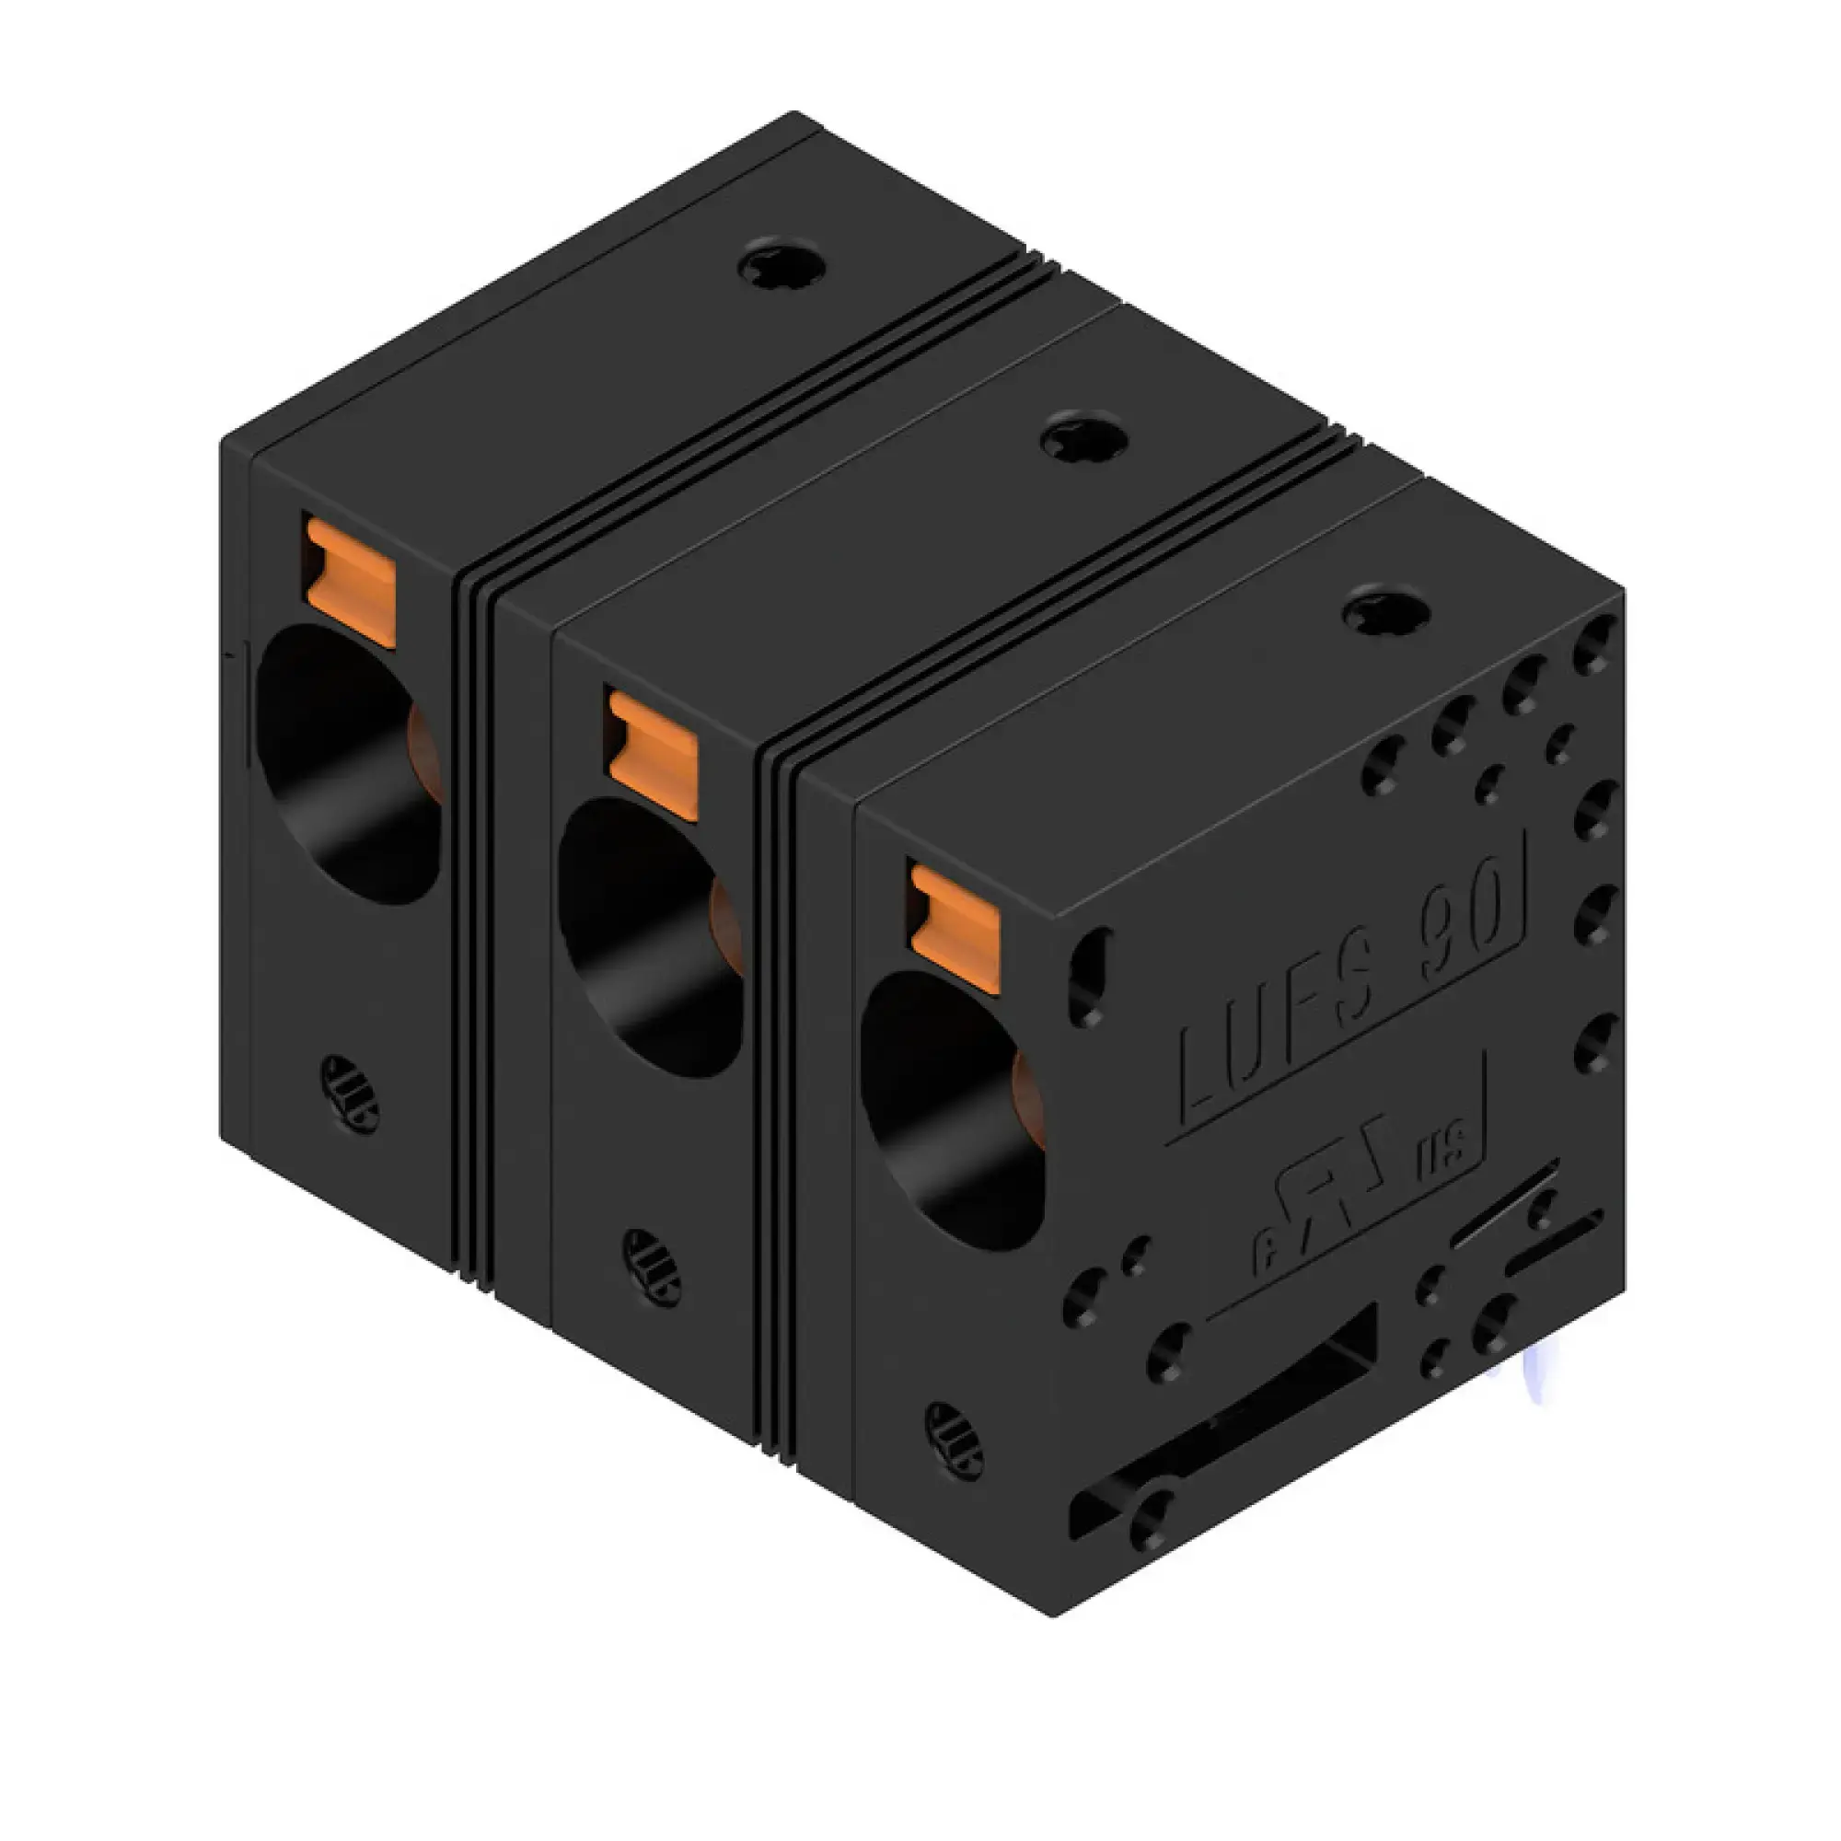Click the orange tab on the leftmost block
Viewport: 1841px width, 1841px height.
click(349, 581)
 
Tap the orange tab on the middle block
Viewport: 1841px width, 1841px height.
click(653, 755)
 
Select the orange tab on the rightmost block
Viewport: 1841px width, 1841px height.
click(955, 929)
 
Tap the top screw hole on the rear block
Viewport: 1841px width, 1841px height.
click(782, 262)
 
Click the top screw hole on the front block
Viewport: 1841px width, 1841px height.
click(1386, 613)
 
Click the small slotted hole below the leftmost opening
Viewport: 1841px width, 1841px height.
click(349, 1094)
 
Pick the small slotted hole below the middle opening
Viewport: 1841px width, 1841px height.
click(652, 1268)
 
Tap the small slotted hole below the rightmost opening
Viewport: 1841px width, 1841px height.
click(954, 1440)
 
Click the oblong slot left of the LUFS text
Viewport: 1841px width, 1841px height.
click(1089, 978)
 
